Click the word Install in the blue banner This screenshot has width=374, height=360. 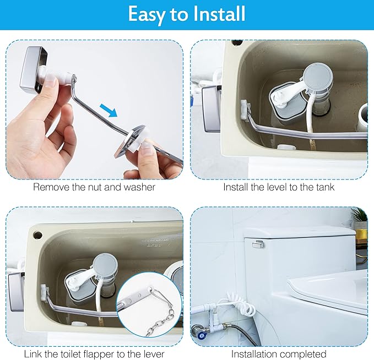[x=217, y=14]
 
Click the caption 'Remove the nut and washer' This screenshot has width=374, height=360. [x=94, y=187]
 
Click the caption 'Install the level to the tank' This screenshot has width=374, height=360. [x=279, y=187]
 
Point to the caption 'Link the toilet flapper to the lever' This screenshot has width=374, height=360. [x=94, y=353]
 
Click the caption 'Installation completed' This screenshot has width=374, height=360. [x=279, y=353]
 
